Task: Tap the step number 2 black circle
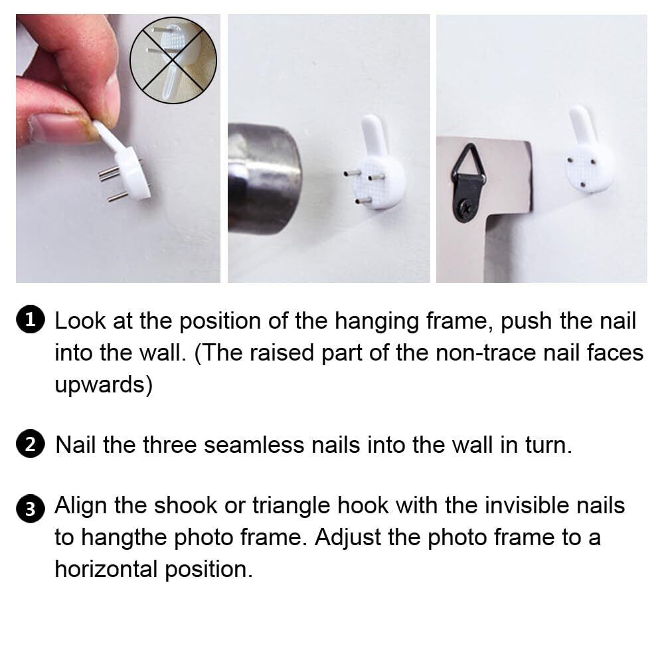[x=30, y=444]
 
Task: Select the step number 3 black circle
[x=30, y=508]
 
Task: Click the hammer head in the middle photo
[x=264, y=179]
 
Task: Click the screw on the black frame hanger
[x=466, y=208]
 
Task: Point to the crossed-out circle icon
[x=173, y=60]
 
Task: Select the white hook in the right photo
[x=588, y=150]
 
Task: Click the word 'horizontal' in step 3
[x=106, y=569]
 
